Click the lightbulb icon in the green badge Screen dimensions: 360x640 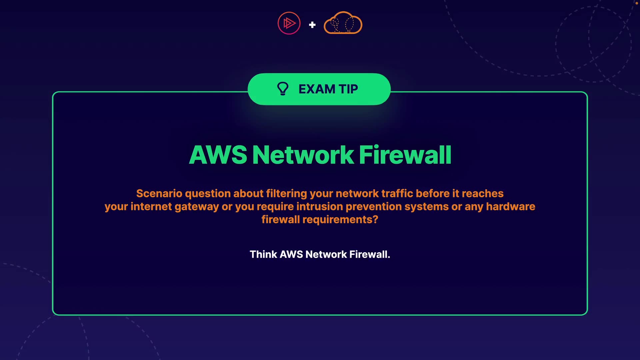click(283, 89)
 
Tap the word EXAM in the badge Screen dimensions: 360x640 click(317, 89)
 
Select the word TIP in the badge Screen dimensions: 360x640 click(348, 89)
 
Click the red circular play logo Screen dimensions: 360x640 click(289, 23)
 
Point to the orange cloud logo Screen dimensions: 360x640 click(343, 23)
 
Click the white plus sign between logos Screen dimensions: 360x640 click(312, 25)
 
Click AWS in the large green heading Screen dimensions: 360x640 click(218, 155)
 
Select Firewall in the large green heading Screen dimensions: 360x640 click(405, 155)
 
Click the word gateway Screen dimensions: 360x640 click(197, 207)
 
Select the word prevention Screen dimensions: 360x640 click(374, 207)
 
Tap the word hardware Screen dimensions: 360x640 click(510, 207)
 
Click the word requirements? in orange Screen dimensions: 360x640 click(340, 220)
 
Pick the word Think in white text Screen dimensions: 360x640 click(263, 255)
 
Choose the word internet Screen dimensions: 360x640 click(151, 207)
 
